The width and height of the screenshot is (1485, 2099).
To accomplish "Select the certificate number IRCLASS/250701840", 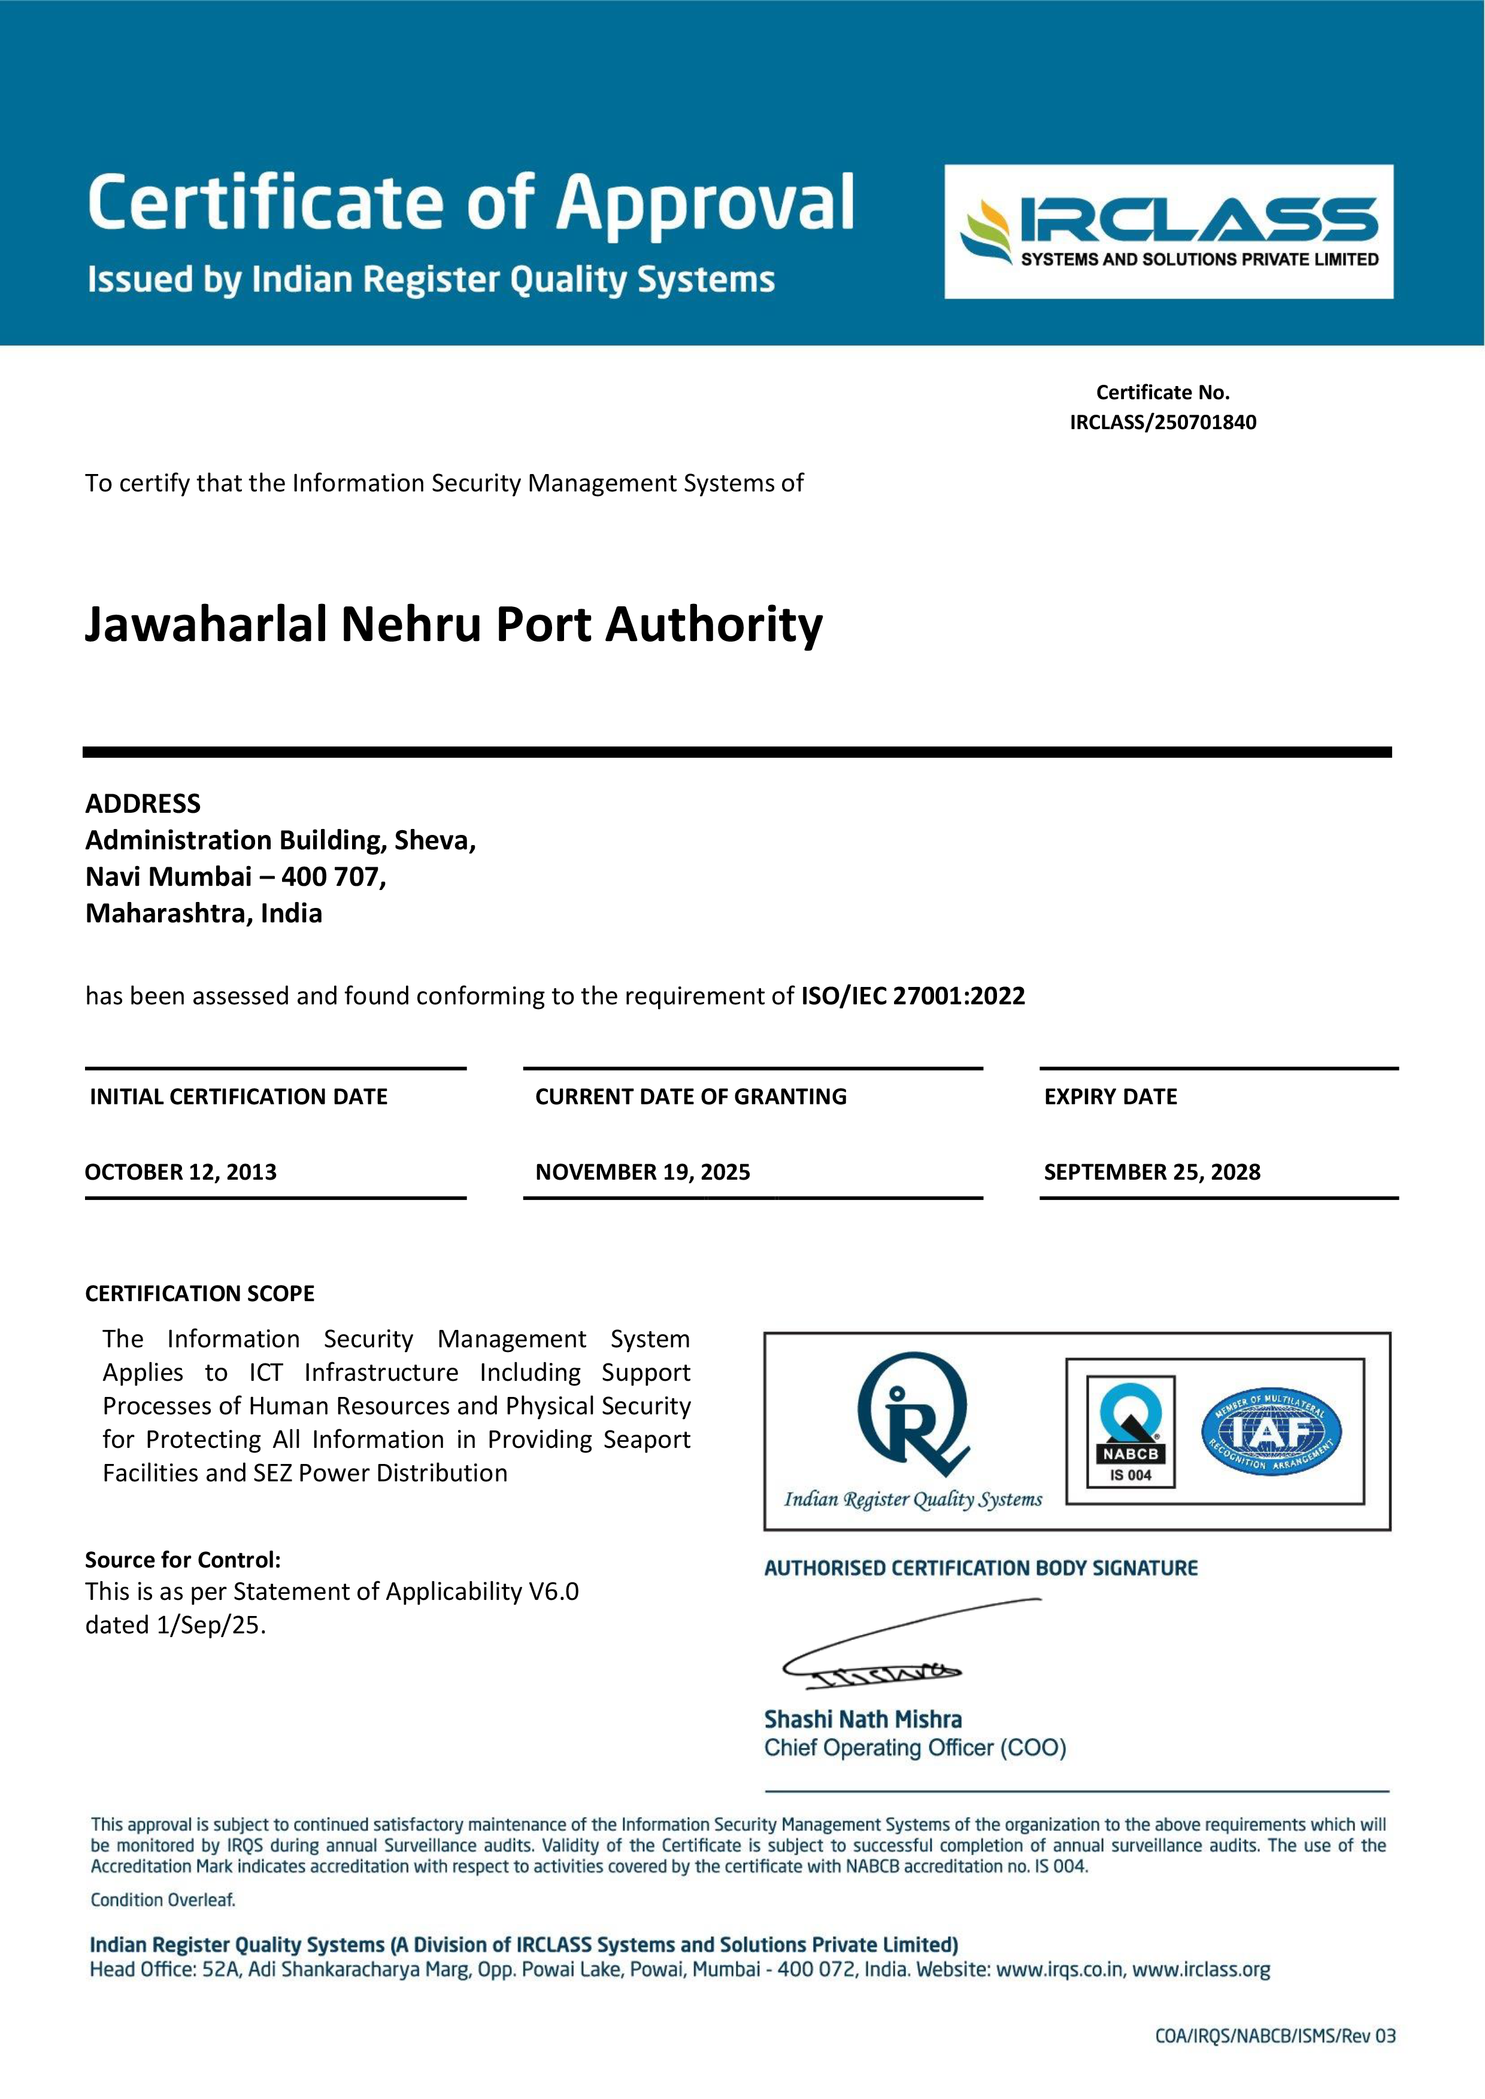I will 1163,423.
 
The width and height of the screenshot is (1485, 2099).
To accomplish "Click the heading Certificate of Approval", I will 471,202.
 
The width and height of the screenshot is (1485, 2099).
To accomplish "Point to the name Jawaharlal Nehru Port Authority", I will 453,625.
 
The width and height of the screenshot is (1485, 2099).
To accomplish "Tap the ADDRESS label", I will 143,804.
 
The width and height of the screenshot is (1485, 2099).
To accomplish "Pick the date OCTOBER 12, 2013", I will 181,1172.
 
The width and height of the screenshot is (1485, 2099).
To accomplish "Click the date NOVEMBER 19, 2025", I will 643,1172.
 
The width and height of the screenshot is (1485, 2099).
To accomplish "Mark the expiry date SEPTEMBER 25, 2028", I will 1152,1172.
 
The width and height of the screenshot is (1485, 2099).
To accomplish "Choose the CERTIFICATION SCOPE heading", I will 199,1293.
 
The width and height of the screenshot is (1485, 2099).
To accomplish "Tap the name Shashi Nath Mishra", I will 862,1720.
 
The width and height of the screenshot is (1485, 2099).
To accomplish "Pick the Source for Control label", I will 183,1560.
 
